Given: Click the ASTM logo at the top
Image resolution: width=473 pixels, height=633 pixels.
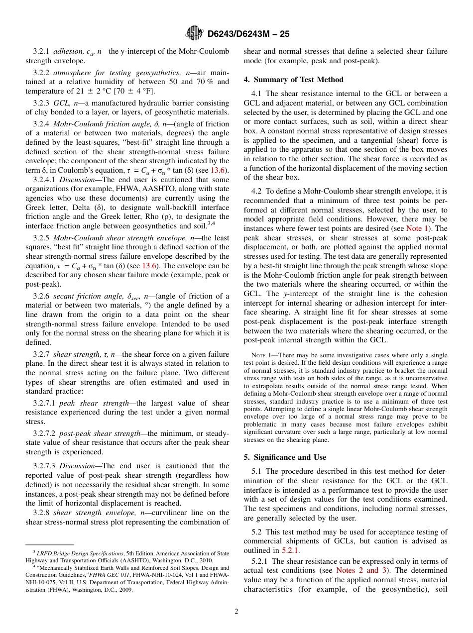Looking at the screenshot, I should [x=194, y=33].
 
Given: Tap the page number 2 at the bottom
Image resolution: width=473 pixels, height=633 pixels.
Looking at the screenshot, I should [x=236, y=612].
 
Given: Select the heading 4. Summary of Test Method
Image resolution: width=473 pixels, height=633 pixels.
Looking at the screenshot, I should [x=293, y=80].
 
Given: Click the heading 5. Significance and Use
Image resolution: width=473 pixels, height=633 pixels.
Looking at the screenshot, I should [x=285, y=457].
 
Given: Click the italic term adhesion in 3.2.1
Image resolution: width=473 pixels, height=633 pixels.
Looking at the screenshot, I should [x=69, y=52].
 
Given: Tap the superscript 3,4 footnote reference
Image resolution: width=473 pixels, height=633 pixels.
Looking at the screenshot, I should [x=225, y=224].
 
